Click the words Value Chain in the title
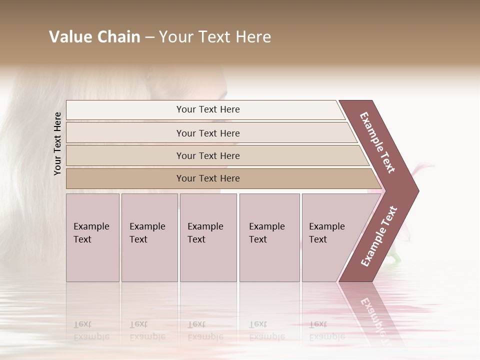[x=94, y=37]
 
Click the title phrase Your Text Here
[x=215, y=37]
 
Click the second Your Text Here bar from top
[x=207, y=133]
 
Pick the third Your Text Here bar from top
[x=207, y=155]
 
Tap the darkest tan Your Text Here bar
[x=207, y=178]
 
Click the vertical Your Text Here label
[x=57, y=143]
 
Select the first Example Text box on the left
[x=92, y=237]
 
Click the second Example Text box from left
[x=149, y=237]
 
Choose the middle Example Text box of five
[x=207, y=237]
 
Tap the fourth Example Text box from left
[x=269, y=237]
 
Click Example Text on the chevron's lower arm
[x=378, y=236]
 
